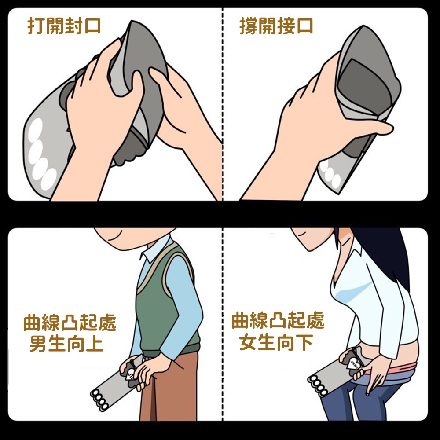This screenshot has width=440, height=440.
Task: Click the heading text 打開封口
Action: [64, 26]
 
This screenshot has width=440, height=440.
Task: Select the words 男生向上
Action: [66, 343]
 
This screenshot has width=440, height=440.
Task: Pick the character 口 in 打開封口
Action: [92, 26]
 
